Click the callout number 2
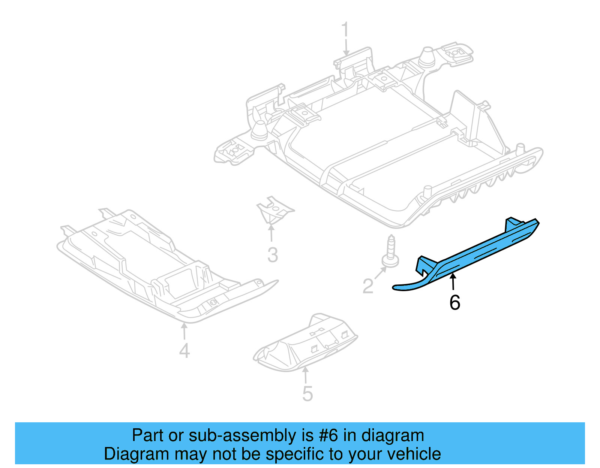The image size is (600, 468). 368,287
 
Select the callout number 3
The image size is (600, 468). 273,255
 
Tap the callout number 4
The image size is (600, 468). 184,351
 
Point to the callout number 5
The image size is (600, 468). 307,394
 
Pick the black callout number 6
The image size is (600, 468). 454,303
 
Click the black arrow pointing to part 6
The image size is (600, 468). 453,282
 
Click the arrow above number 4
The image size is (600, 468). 184,332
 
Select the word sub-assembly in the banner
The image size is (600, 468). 242,436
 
